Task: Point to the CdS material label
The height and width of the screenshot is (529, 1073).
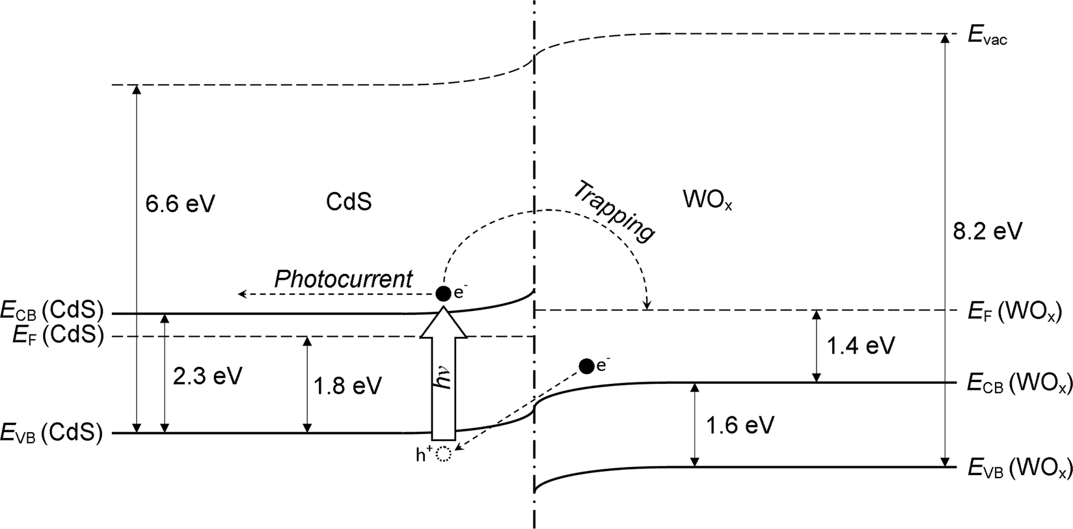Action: coord(349,202)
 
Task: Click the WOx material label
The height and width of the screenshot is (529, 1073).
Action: coord(708,200)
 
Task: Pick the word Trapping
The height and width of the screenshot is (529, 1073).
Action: coord(613,210)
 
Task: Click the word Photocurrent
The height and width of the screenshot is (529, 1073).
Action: coord(343,279)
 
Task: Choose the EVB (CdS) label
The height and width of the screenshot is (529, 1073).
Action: coord(52,433)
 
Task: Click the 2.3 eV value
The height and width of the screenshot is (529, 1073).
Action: coord(208,376)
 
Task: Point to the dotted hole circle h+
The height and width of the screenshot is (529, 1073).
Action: coord(443,455)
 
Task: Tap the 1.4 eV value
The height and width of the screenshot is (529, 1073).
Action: coord(860,345)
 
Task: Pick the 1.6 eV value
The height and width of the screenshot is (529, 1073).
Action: coord(740,426)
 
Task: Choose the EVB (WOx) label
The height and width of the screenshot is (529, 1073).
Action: coord(1019,468)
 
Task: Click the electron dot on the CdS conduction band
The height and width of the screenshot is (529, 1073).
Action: coord(443,293)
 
